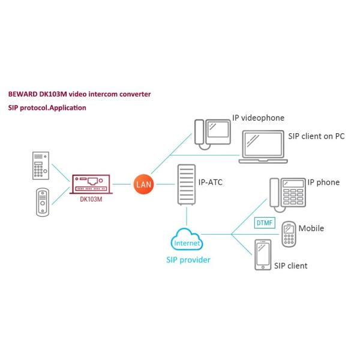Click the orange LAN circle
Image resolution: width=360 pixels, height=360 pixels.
(x=143, y=184)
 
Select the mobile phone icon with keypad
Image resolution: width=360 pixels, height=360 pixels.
(x=289, y=233)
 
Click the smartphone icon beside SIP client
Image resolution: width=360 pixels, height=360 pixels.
(x=262, y=254)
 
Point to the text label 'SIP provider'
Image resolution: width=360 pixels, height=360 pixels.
(x=188, y=260)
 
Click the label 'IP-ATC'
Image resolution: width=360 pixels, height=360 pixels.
(x=210, y=182)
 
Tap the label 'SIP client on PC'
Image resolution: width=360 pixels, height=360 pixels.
(x=316, y=136)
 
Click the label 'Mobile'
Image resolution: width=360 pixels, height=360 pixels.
(x=311, y=229)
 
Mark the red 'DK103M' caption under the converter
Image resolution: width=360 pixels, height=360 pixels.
(x=91, y=199)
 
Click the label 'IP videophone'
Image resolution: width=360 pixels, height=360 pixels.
(x=258, y=118)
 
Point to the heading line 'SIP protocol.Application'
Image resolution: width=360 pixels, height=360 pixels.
(x=47, y=108)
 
